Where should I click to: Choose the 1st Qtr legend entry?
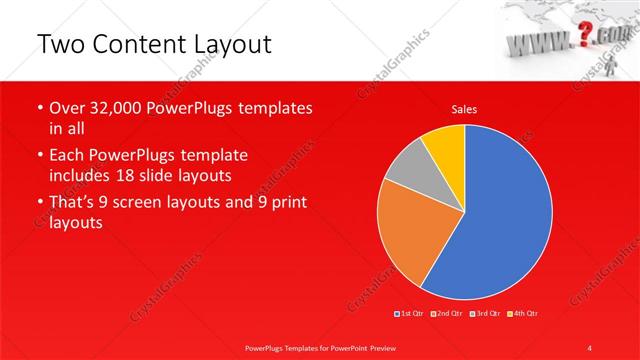[x=411, y=314]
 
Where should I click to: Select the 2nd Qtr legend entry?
[x=449, y=314]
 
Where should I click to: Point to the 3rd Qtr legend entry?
[x=487, y=314]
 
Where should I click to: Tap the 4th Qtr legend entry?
[x=524, y=314]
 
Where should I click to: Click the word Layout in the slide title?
[x=226, y=45]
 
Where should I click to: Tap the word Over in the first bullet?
[x=68, y=108]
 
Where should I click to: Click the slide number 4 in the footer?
[x=591, y=347]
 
